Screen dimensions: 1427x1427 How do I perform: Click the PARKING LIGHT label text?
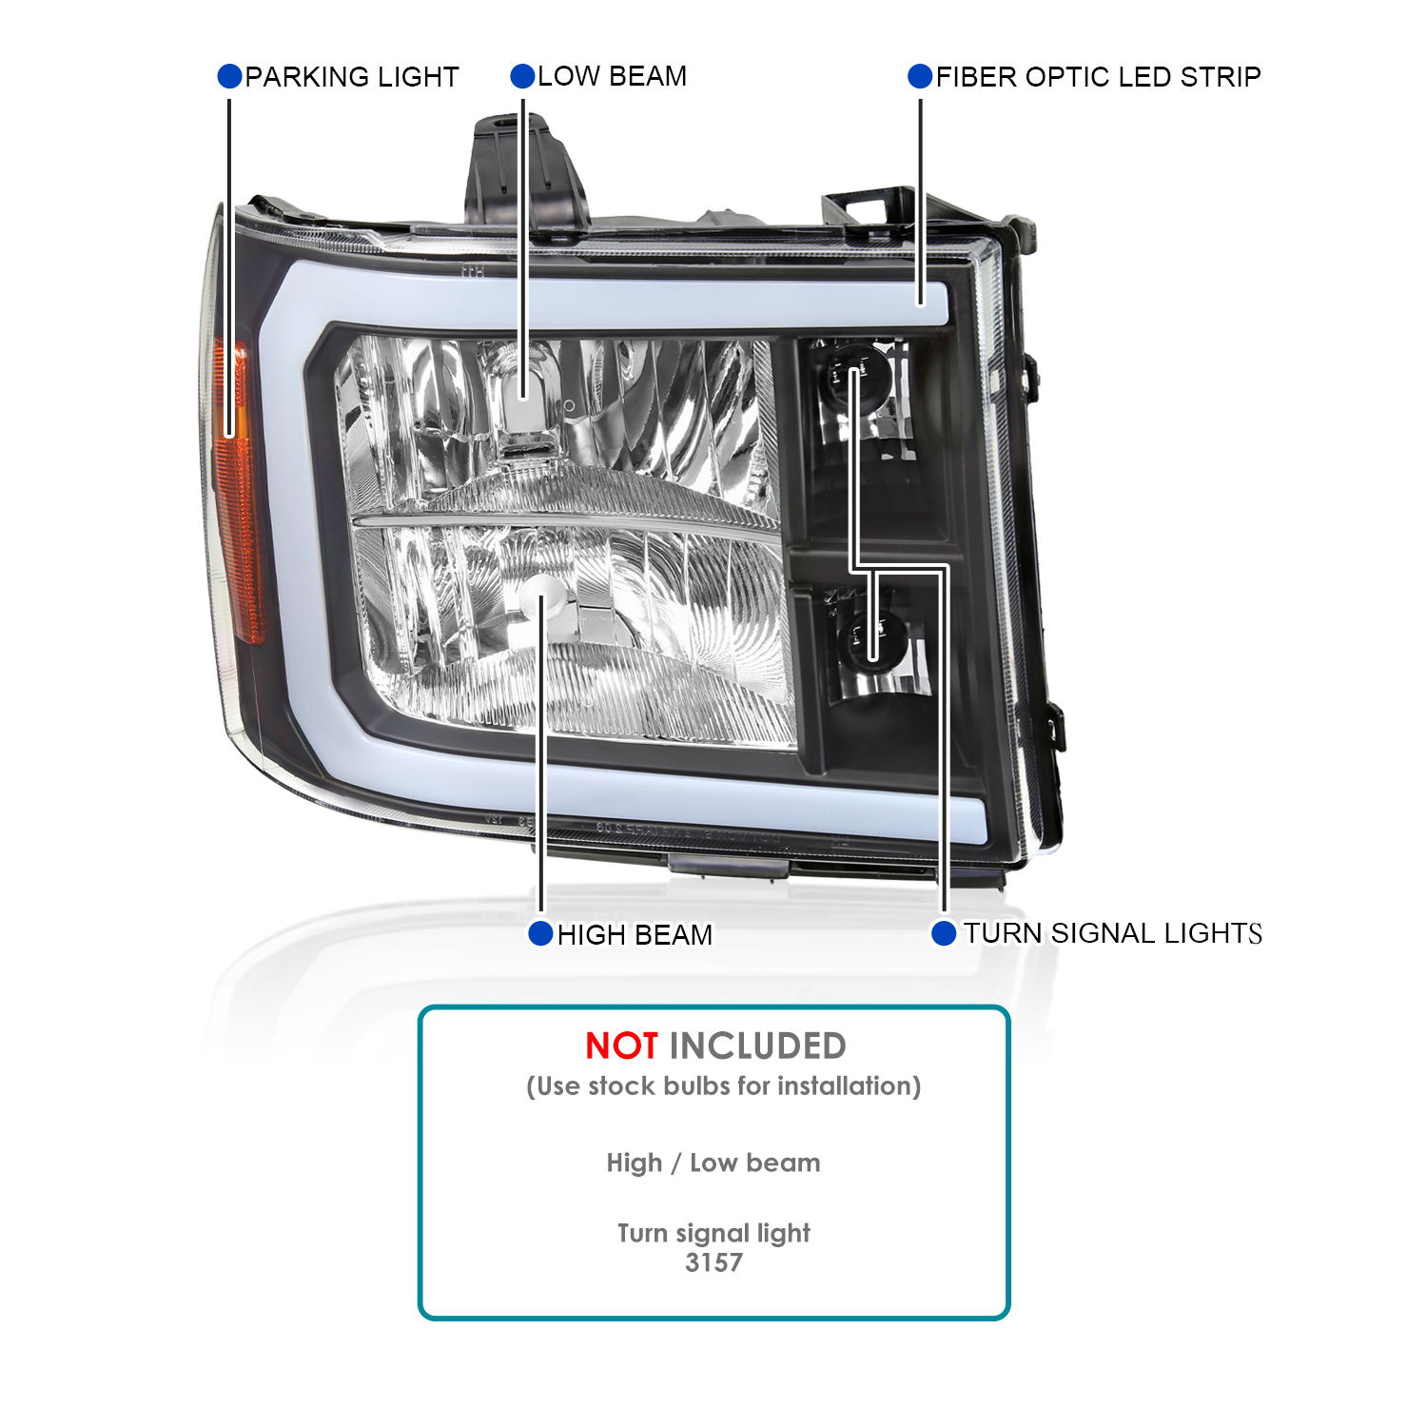351,77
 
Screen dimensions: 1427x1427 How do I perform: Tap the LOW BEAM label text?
612,76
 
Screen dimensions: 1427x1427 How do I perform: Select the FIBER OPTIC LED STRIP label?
1098,77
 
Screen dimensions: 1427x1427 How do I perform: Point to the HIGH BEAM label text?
635,935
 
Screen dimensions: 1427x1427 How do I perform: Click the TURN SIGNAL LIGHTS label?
1112,933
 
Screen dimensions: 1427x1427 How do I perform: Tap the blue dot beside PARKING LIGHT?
229,76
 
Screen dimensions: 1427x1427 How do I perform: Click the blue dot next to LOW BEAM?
522,76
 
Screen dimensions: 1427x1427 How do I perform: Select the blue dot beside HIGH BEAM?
540,933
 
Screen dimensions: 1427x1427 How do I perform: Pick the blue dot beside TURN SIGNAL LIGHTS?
943,933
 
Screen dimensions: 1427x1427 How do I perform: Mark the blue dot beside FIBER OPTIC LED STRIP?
920,76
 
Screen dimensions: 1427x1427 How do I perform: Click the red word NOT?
620,1046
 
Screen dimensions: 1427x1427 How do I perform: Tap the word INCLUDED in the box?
757,1046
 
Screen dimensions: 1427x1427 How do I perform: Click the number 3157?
713,1262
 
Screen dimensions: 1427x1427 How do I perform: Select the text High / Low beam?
713,1163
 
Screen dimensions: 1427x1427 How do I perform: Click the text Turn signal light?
713,1233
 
